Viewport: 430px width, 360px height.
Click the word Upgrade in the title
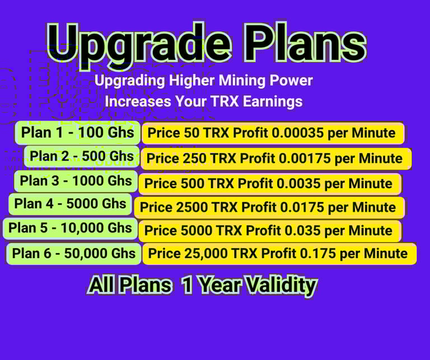[x=139, y=44]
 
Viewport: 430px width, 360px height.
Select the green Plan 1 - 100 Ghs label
[x=78, y=133]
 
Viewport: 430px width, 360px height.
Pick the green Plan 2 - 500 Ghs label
[x=82, y=156]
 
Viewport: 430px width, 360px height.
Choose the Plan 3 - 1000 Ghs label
[x=76, y=181]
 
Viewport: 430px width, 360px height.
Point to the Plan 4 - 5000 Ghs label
[x=70, y=204]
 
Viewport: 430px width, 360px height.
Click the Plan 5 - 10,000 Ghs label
[x=70, y=228]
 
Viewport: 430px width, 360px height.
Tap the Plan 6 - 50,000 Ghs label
[x=73, y=253]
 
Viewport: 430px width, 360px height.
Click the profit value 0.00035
[x=297, y=133]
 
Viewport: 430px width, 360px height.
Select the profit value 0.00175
[x=305, y=158]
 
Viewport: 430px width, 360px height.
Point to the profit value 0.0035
[x=298, y=184]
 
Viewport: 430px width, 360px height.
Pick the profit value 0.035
[x=302, y=230]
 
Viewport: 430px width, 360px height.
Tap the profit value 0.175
[x=318, y=253]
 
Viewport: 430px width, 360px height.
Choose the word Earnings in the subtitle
[x=273, y=101]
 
